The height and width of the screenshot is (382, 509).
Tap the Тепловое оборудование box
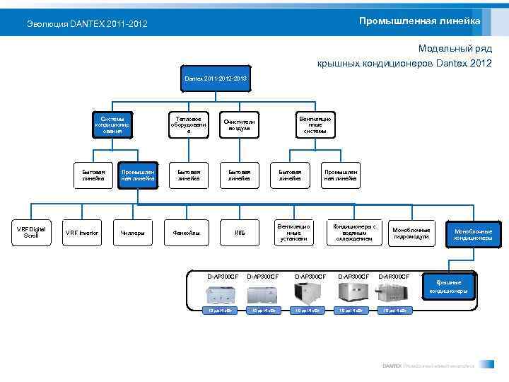coord(189,125)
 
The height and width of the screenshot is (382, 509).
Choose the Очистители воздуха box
coord(239,125)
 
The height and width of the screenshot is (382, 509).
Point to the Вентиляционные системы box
coord(315,125)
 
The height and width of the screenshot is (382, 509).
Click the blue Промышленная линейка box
coord(137,175)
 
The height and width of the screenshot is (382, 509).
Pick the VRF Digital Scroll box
coord(31,232)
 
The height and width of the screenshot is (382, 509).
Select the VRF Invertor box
coord(82,233)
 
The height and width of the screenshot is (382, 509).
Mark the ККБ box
coord(240,233)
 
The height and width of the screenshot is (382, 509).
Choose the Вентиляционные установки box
coord(293,233)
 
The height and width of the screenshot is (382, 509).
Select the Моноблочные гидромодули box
coord(411,233)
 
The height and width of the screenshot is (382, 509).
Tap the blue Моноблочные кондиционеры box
coord(473,235)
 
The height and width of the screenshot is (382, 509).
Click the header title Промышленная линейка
coord(419,21)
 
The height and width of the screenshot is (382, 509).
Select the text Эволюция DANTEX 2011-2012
coord(87,24)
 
